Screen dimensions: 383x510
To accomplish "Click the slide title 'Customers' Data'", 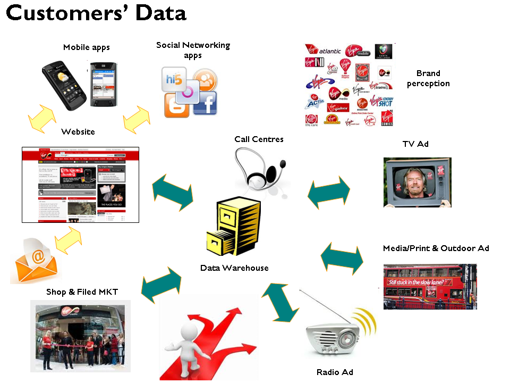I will [x=96, y=13].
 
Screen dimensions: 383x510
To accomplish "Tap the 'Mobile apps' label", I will [x=86, y=47].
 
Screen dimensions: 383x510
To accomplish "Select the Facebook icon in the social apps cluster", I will [x=206, y=103].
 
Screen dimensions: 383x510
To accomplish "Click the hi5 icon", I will [x=174, y=80].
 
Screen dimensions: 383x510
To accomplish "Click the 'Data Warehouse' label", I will [x=234, y=268].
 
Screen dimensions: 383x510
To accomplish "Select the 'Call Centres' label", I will [x=259, y=139].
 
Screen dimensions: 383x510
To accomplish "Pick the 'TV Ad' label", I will [x=415, y=144].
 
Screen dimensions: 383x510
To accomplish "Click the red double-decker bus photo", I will [x=430, y=286].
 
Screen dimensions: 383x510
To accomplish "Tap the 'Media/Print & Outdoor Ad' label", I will [x=436, y=248].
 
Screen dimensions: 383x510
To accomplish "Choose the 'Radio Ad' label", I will [x=335, y=372].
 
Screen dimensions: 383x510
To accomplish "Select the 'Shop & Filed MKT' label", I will [x=82, y=292].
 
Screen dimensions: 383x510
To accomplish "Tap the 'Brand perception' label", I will [x=428, y=78].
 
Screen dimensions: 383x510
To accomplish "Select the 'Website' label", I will [x=78, y=131].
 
